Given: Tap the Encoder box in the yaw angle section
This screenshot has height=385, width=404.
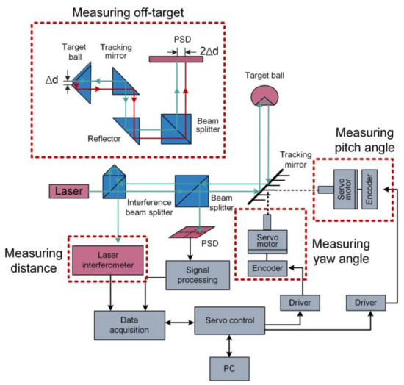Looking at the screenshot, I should [267, 270].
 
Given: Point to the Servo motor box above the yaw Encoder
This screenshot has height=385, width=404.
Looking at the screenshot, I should [267, 241].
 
